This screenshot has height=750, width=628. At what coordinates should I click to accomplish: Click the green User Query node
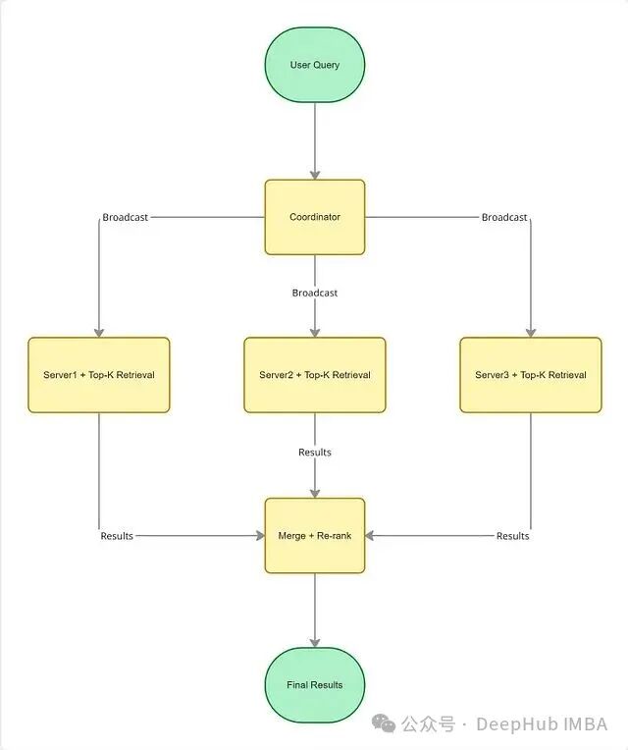314,65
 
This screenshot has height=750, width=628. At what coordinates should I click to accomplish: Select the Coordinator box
314,216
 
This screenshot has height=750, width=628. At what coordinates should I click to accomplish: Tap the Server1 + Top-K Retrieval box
98,374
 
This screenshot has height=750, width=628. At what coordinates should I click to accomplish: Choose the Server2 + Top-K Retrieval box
314,374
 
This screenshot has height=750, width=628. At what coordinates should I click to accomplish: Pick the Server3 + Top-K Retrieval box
530,374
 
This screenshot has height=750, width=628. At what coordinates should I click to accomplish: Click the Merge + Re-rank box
314,536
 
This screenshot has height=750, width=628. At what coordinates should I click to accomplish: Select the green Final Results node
314,684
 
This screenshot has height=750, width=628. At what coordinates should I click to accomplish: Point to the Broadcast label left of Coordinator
125,217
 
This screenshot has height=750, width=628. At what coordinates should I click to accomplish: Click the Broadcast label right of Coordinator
503,217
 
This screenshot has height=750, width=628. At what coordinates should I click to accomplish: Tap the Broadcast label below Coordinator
314,293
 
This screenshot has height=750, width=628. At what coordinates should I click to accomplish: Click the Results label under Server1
116,536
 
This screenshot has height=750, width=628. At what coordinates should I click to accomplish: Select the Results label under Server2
314,453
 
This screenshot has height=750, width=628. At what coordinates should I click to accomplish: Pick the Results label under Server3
512,536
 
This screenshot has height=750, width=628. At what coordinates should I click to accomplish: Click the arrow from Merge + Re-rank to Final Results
314,609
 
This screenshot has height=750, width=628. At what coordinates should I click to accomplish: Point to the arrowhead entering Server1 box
98,332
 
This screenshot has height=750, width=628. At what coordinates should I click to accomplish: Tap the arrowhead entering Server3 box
530,332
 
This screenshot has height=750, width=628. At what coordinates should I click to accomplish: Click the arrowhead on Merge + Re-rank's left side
259,536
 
